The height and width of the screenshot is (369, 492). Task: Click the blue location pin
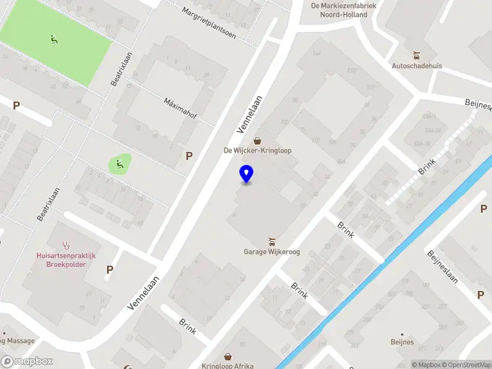[x=247, y=173]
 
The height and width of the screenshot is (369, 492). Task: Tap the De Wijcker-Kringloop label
[x=257, y=150]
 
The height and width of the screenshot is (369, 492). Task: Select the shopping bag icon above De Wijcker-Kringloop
[x=257, y=140]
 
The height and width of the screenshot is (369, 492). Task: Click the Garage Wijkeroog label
[x=271, y=252]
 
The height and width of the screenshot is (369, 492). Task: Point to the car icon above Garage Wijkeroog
[x=271, y=241]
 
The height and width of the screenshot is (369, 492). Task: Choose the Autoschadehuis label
[x=417, y=66]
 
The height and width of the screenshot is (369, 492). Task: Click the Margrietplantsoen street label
[x=209, y=23]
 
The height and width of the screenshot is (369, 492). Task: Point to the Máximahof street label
[x=180, y=109]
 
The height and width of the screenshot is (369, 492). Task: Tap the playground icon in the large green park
[x=54, y=40]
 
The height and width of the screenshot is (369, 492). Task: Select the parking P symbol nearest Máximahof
[x=189, y=156]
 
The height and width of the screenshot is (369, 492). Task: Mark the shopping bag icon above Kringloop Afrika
[x=228, y=356]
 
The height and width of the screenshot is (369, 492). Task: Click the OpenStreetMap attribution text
[x=465, y=365]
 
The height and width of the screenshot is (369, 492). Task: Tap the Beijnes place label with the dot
[x=402, y=341]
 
